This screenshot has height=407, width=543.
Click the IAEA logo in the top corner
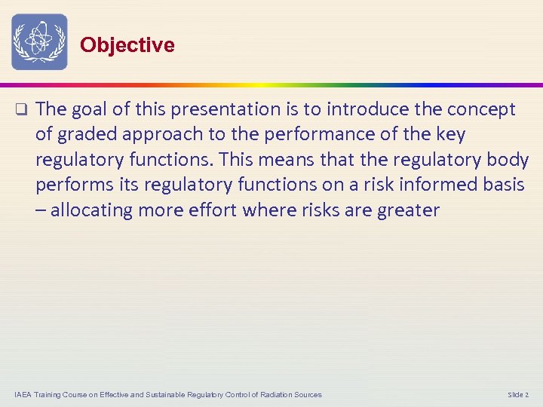point(39,42)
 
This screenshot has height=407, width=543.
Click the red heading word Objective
point(127,45)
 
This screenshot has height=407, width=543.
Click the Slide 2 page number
point(518,395)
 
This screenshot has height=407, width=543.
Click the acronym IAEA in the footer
point(23,395)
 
